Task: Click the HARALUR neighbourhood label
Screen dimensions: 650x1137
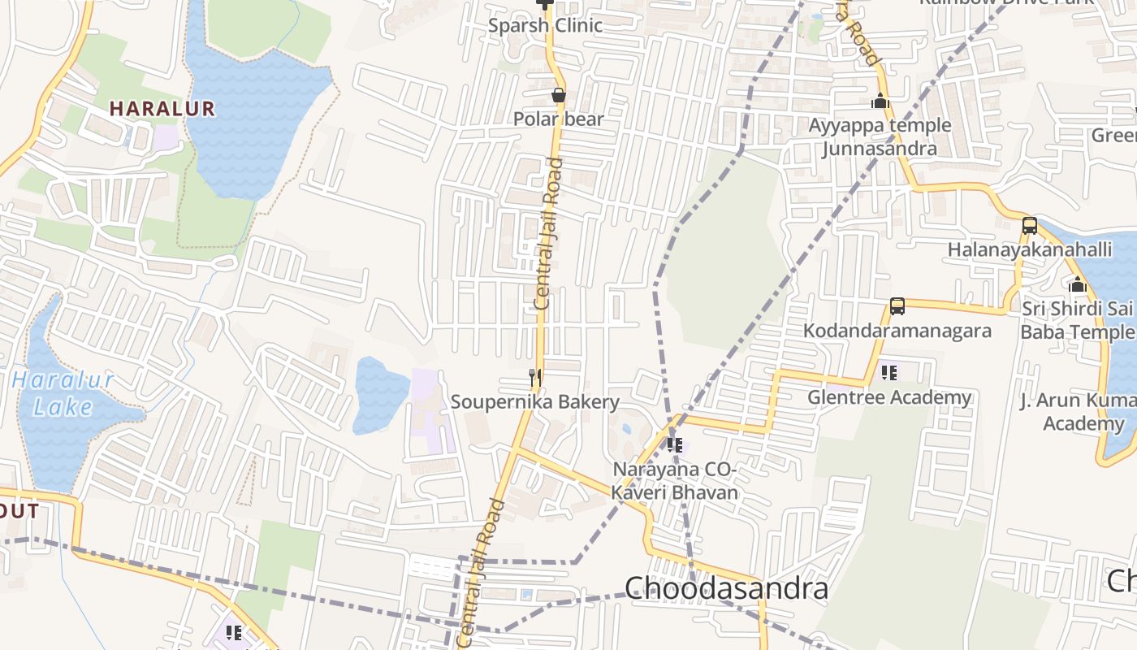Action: [x=162, y=109]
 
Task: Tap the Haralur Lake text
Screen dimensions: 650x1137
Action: [x=63, y=393]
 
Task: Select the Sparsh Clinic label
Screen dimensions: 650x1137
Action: [x=545, y=25]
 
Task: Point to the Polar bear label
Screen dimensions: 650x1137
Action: [x=559, y=119]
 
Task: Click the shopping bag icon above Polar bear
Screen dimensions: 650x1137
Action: [x=559, y=95]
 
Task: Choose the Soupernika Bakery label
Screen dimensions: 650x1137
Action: [x=535, y=402]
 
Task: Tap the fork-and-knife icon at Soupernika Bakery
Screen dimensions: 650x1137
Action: [x=535, y=378]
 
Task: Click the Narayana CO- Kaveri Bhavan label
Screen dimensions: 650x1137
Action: [x=675, y=481]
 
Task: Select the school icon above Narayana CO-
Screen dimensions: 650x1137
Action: [x=674, y=445]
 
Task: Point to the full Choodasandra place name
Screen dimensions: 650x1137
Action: [x=726, y=588]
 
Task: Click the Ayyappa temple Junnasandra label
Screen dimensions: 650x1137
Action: [x=880, y=136]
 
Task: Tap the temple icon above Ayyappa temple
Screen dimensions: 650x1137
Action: [x=880, y=102]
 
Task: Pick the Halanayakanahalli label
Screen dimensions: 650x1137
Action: [x=1030, y=249]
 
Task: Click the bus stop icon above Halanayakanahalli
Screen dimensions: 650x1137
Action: [x=1030, y=226]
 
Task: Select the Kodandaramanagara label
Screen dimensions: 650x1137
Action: [x=897, y=331]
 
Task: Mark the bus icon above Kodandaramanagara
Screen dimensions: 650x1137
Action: [x=897, y=306]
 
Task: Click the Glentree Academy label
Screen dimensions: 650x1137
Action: [x=889, y=397]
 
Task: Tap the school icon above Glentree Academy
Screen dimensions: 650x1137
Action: [x=889, y=373]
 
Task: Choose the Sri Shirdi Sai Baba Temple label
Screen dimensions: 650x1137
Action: [x=1077, y=320]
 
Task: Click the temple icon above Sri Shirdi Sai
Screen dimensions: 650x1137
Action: [x=1078, y=284]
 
